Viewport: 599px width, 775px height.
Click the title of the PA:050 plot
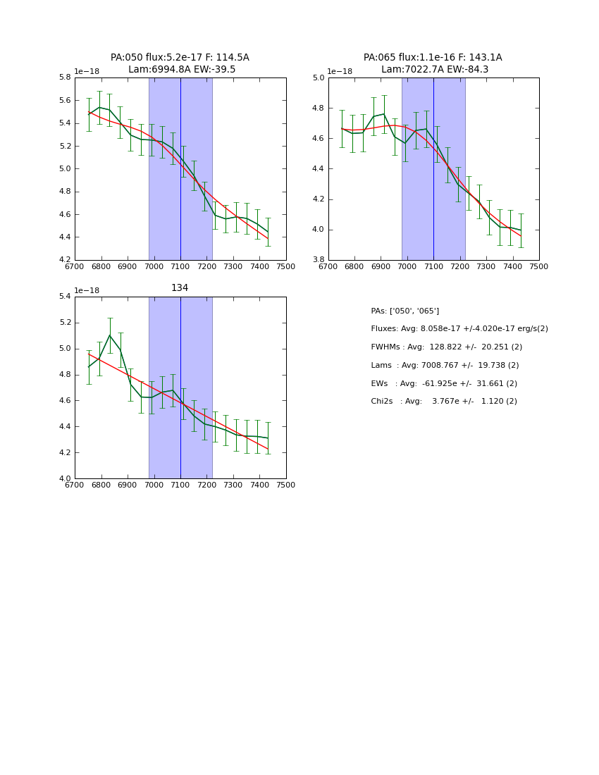[x=180, y=63]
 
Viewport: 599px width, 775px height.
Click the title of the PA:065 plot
[x=433, y=63]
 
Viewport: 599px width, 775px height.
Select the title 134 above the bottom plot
[x=180, y=288]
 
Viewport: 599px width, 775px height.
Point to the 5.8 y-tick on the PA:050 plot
[x=63, y=77]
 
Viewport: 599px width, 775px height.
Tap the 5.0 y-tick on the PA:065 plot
[x=317, y=77]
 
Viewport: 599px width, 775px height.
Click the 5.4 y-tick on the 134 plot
[x=63, y=297]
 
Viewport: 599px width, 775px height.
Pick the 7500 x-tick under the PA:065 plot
[x=539, y=266]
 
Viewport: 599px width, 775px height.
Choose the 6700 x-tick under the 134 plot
[x=75, y=485]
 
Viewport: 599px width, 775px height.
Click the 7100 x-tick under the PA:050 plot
[x=180, y=266]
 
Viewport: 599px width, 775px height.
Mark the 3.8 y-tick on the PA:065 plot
[x=317, y=260]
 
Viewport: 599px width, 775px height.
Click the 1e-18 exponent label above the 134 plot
[x=87, y=290]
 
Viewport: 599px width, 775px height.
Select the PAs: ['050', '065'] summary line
[x=405, y=311]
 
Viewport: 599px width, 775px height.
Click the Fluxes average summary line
[x=459, y=329]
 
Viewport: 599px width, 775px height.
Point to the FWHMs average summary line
[x=446, y=347]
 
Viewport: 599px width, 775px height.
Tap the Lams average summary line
[x=445, y=366]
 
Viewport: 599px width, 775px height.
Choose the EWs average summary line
[x=444, y=384]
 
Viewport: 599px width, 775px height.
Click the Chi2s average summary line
[x=444, y=402]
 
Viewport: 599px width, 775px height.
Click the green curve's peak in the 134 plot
[x=109, y=335]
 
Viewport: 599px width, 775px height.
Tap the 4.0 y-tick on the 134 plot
[x=63, y=479]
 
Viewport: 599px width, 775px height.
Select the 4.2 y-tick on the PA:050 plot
[x=63, y=260]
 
